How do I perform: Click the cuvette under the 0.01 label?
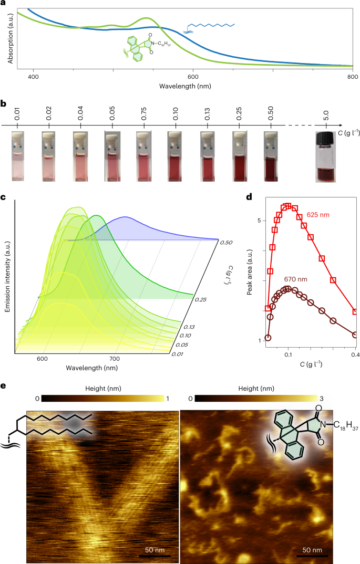tap(17, 156)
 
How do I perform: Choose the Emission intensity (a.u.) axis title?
tap(8, 276)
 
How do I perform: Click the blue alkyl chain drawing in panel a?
tap(210, 26)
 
